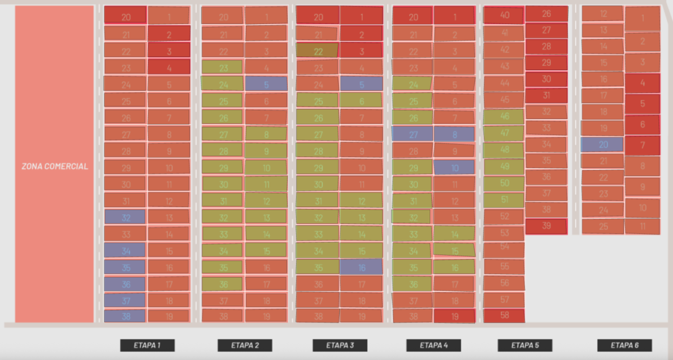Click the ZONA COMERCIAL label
click(54, 167)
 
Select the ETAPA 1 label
click(147, 345)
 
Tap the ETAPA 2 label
click(245, 345)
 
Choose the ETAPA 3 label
click(339, 345)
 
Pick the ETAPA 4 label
click(434, 345)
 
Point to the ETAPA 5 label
click(525, 345)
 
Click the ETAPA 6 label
click(624, 345)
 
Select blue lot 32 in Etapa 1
click(125, 217)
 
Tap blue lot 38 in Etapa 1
click(125, 316)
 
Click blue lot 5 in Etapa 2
click(266, 84)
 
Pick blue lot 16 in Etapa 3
click(361, 267)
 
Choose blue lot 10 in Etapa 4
click(454, 167)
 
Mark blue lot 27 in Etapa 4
click(412, 134)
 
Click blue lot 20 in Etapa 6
click(602, 145)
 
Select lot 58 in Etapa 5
click(504, 316)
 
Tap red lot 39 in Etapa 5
click(546, 226)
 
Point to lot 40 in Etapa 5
click(504, 15)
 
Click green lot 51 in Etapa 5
click(504, 200)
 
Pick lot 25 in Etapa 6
click(602, 227)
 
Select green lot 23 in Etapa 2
click(223, 68)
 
